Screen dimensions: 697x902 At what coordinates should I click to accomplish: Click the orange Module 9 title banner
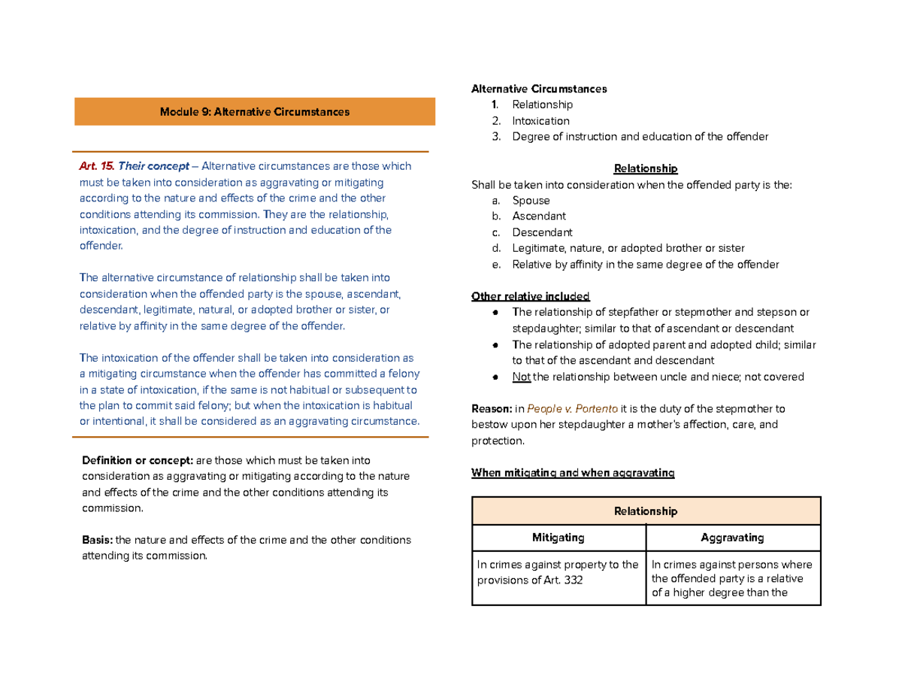(x=254, y=111)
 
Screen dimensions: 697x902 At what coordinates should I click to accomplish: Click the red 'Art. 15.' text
(x=96, y=166)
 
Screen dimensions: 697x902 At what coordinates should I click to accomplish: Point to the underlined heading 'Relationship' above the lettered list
(x=646, y=168)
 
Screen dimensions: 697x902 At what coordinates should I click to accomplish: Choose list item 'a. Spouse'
(x=530, y=201)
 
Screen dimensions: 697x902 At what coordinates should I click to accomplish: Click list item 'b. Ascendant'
(x=538, y=217)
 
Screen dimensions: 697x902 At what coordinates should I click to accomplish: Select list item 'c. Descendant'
(x=541, y=232)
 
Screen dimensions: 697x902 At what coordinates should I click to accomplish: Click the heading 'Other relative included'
(x=530, y=295)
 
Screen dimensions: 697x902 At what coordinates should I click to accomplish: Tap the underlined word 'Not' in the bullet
(x=521, y=377)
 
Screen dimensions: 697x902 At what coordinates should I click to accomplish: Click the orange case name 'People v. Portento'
(x=573, y=409)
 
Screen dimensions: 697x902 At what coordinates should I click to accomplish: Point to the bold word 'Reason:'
(x=491, y=409)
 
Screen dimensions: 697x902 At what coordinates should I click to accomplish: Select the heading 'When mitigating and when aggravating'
(x=572, y=473)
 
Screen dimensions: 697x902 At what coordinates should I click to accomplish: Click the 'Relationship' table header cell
(x=646, y=511)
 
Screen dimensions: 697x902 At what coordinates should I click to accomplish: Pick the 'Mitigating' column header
(x=558, y=538)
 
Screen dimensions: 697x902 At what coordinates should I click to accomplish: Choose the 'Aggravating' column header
(x=732, y=538)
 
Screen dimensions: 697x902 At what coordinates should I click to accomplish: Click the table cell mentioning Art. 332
(x=558, y=572)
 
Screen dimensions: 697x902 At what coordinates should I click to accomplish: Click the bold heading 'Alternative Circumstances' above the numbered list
(x=538, y=89)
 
